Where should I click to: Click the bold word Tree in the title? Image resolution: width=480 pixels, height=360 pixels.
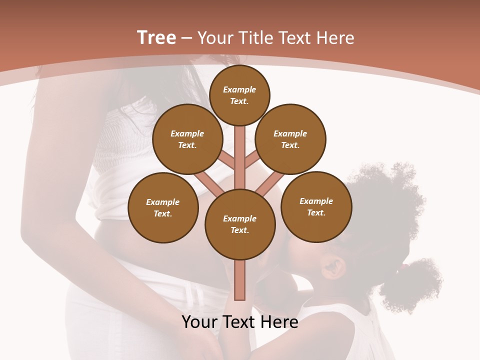tap(156, 38)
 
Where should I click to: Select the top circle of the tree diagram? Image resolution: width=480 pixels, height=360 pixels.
tap(239, 95)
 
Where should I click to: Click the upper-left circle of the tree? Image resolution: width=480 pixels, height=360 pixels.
tap(187, 139)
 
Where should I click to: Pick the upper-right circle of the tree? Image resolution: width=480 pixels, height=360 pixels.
tap(290, 139)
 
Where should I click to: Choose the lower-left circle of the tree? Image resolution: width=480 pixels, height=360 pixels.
tap(163, 207)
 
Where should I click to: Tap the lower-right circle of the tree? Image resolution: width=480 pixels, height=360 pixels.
tap(316, 206)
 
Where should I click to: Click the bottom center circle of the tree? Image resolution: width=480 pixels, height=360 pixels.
tap(240, 224)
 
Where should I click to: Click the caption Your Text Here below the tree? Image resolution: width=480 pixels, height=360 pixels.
tap(240, 322)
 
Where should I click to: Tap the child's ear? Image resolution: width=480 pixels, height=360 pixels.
tap(334, 266)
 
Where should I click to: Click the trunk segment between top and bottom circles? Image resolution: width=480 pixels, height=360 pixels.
tap(240, 155)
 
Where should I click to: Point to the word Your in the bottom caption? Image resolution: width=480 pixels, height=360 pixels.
tap(199, 322)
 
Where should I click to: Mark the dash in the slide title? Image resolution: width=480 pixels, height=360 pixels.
tap(187, 38)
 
